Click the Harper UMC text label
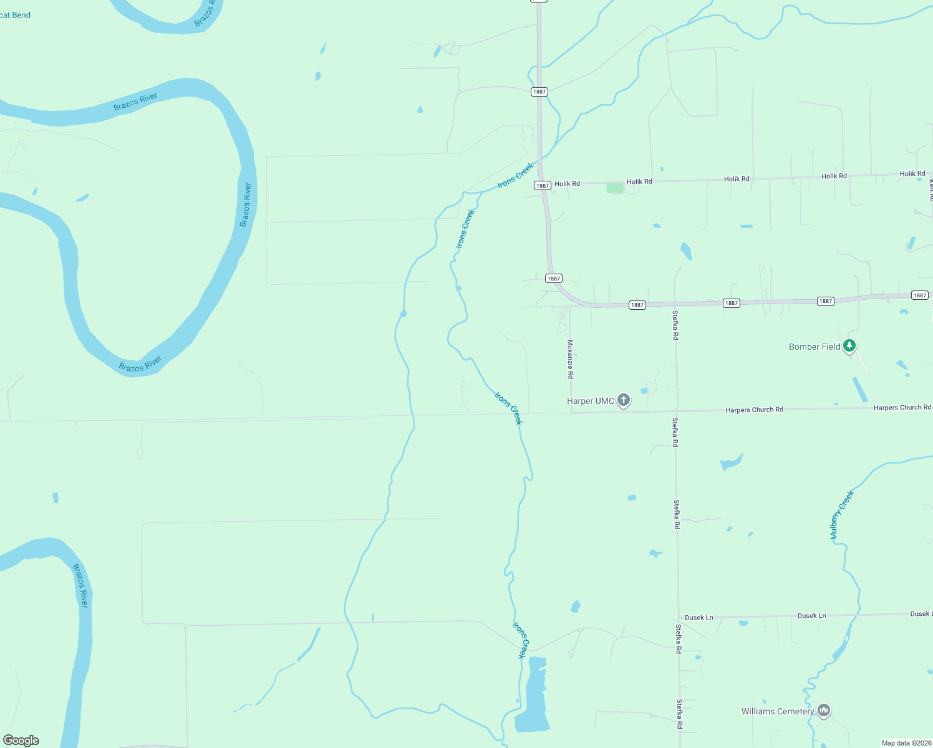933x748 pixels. click(590, 401)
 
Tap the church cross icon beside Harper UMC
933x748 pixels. click(624, 400)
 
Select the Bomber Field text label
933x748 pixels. click(815, 347)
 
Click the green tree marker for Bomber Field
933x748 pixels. click(849, 345)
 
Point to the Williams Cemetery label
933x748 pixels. click(778, 711)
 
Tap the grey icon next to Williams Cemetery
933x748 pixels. click(824, 710)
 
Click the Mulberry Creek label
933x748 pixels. click(841, 515)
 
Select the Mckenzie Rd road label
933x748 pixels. click(570, 359)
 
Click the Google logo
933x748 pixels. click(21, 741)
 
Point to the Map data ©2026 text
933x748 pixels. click(906, 743)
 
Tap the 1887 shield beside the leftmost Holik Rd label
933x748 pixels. click(542, 185)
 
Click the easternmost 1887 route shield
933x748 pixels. click(920, 295)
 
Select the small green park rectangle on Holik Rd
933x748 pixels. click(615, 188)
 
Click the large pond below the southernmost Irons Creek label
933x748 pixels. click(532, 698)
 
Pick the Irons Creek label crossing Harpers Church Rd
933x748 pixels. click(508, 408)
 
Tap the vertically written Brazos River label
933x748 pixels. click(247, 204)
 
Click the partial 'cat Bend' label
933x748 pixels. click(15, 15)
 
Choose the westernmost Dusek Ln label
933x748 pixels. click(699, 618)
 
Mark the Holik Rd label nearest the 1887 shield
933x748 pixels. click(567, 184)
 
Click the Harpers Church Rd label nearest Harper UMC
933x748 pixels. click(754, 410)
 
